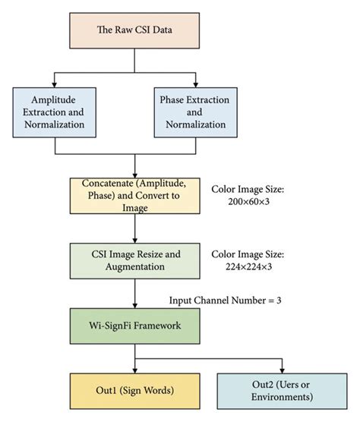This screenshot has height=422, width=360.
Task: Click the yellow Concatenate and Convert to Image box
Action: pyautogui.click(x=135, y=197)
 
